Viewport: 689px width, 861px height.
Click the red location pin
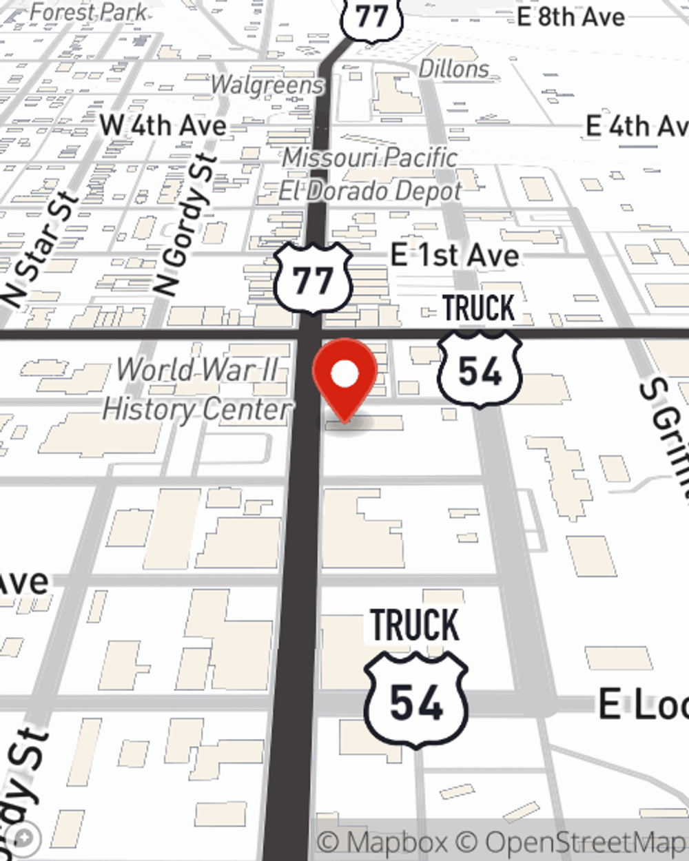[344, 376]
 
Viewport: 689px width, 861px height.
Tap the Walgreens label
[267, 85]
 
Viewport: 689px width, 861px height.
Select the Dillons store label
[454, 69]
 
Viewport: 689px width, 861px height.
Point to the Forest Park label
[89, 12]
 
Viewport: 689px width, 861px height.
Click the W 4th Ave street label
[163, 125]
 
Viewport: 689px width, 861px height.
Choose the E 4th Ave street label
[635, 126]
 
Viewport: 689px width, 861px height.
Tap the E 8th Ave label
[571, 17]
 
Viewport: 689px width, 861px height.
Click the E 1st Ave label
[455, 256]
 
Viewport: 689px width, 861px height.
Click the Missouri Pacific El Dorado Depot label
[370, 174]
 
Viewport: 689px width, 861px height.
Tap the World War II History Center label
[198, 390]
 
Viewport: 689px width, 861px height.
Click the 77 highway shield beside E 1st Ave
[313, 278]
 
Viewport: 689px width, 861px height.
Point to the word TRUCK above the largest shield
[415, 625]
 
